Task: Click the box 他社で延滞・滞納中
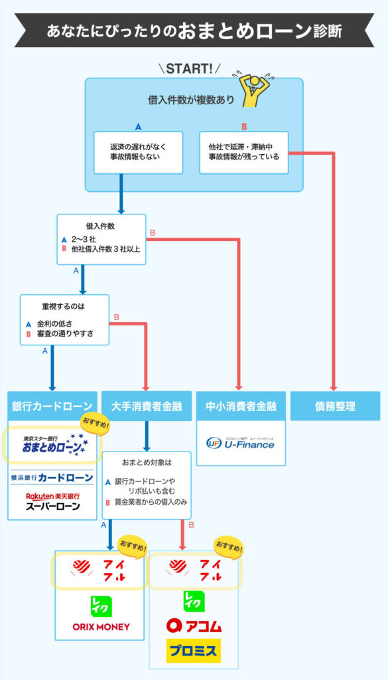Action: point(244,151)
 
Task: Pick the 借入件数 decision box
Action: point(101,239)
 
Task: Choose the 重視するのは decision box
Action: point(64,319)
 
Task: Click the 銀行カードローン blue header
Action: point(52,406)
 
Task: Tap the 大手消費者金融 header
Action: point(146,406)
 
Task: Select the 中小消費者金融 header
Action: point(240,406)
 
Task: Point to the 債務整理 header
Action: point(335,406)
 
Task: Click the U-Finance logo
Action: point(240,442)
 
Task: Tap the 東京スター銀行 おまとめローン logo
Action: point(52,446)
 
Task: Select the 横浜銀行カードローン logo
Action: point(52,477)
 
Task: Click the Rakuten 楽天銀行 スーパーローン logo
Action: point(52,501)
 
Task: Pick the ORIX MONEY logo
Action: point(101,626)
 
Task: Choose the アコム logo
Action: point(194,625)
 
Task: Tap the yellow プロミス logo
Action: point(193,651)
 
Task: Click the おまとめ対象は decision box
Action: point(147,483)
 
